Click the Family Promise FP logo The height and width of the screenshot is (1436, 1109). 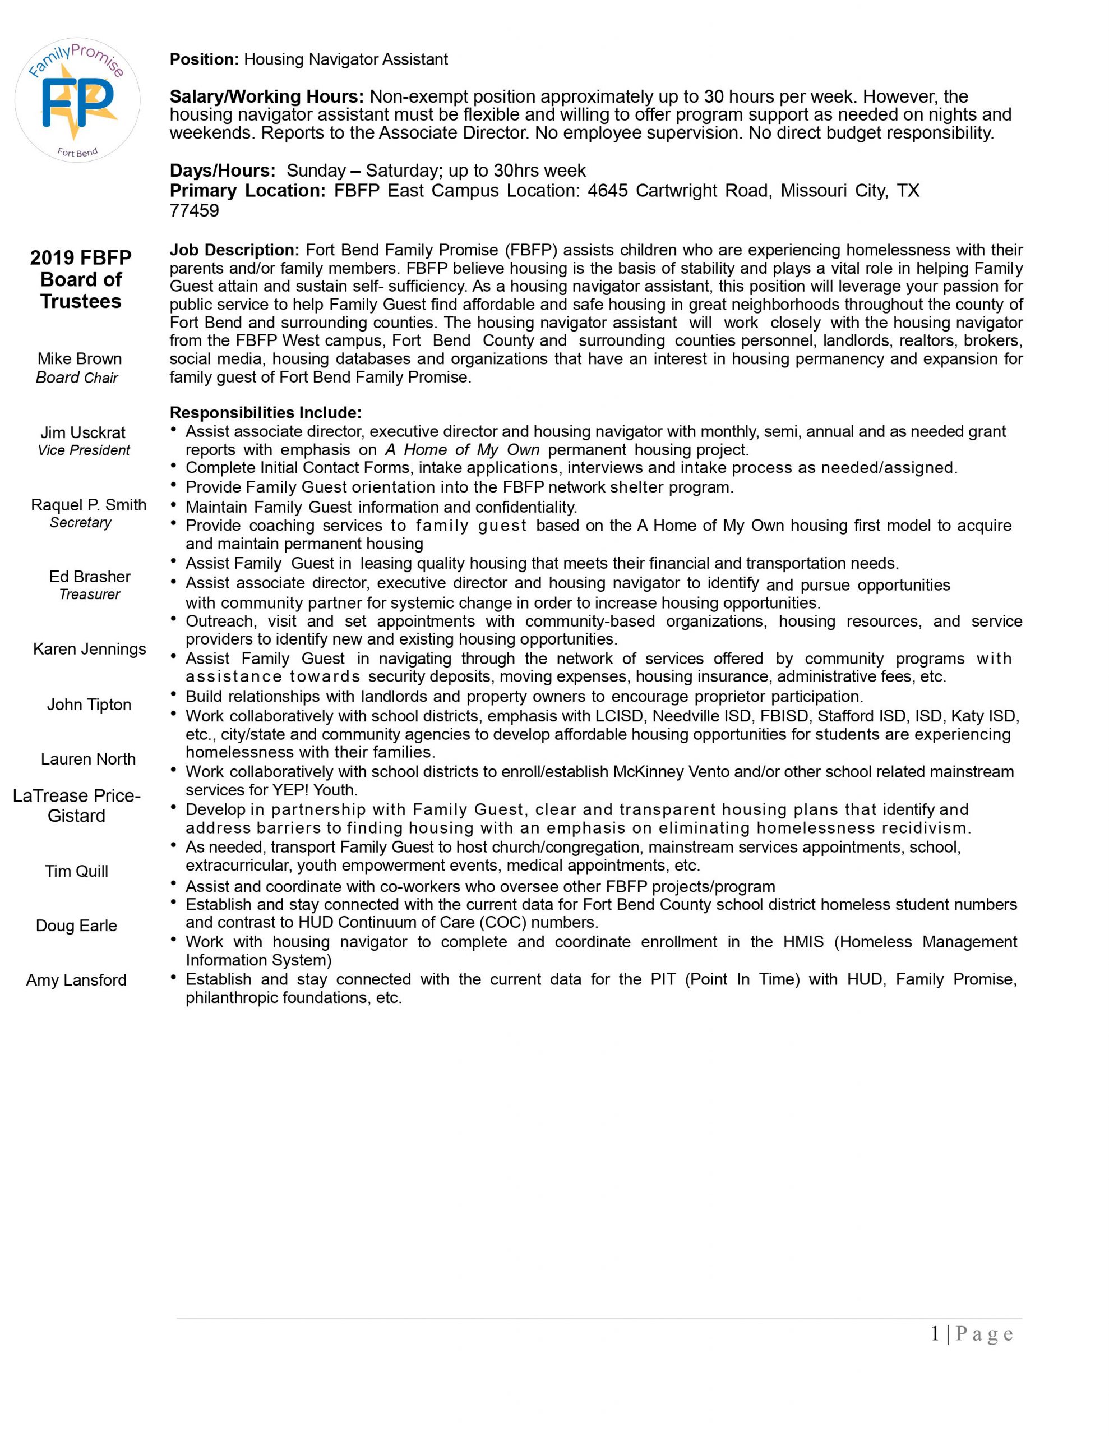(77, 100)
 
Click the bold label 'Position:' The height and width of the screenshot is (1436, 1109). (204, 60)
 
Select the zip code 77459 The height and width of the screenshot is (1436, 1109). (194, 210)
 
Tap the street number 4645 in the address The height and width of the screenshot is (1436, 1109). (607, 191)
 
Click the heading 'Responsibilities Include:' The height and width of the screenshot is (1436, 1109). (265, 413)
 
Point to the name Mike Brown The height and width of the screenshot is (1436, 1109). (80, 359)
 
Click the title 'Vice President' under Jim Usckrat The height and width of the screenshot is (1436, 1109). (84, 450)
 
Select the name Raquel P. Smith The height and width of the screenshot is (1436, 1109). (89, 505)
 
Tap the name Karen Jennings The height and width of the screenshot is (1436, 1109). (89, 650)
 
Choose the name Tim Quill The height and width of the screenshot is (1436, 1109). (76, 872)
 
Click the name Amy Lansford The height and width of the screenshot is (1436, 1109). (76, 981)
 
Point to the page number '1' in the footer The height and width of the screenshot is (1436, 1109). (935, 1333)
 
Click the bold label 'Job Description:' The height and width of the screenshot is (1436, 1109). (234, 251)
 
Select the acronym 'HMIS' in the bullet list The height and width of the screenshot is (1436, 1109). (803, 942)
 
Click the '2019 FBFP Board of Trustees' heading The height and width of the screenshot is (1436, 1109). (81, 279)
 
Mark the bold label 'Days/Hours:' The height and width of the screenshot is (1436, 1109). (222, 171)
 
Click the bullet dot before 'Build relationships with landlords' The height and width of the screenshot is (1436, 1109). (174, 694)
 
